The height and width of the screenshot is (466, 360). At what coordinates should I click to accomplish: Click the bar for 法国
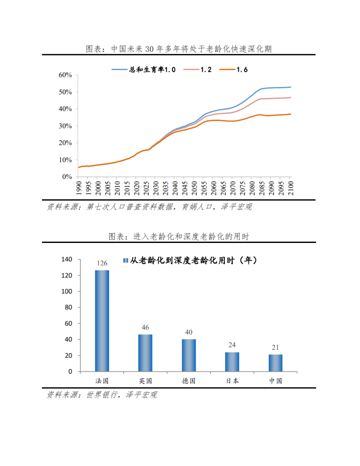tap(102, 321)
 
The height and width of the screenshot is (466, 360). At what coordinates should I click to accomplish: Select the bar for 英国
tap(145, 353)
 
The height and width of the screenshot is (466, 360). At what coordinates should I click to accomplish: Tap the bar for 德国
tap(189, 355)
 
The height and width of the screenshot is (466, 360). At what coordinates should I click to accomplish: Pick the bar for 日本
tap(232, 362)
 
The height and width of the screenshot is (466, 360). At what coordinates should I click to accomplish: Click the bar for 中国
tap(276, 363)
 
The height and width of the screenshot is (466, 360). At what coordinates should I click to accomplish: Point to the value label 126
tap(102, 263)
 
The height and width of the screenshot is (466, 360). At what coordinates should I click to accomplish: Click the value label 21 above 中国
tap(275, 348)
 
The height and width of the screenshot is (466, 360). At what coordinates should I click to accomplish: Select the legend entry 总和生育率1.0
tap(144, 69)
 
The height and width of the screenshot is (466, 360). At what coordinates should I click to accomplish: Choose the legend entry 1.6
tap(233, 69)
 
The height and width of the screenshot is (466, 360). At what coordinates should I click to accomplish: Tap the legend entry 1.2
tap(197, 69)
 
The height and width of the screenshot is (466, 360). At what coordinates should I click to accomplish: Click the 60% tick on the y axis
tap(65, 75)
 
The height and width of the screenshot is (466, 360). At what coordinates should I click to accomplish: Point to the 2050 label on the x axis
tap(194, 188)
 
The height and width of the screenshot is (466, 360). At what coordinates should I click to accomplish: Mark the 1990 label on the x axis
tap(79, 188)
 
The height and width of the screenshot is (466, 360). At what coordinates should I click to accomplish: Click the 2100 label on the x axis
tap(291, 188)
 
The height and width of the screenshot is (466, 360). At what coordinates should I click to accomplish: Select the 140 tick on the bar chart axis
tap(67, 259)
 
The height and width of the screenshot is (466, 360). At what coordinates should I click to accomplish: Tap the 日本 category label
tap(232, 381)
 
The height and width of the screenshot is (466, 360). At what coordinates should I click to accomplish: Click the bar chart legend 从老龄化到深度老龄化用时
tap(190, 261)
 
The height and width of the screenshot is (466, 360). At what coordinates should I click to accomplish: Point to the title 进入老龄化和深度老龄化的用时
tap(191, 237)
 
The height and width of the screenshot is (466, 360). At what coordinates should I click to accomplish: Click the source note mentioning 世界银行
tap(102, 395)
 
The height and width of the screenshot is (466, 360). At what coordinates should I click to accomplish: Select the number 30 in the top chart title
tap(150, 49)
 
